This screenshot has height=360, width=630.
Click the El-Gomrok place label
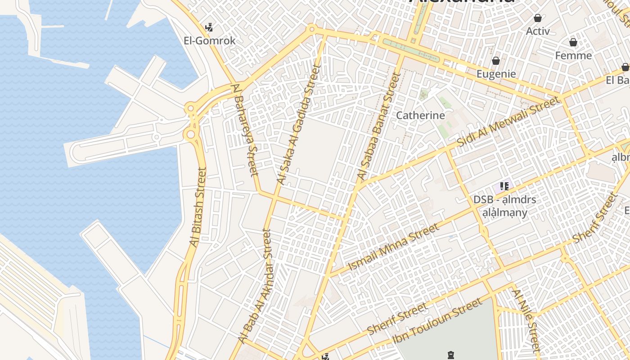pyautogui.click(x=209, y=40)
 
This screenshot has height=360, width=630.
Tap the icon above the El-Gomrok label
pyautogui.click(x=209, y=27)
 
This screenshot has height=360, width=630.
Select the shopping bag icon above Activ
pyautogui.click(x=537, y=18)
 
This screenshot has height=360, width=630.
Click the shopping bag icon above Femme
pyautogui.click(x=573, y=42)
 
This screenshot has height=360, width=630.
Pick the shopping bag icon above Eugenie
pyautogui.click(x=495, y=61)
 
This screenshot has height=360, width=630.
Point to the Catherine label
pyautogui.click(x=420, y=115)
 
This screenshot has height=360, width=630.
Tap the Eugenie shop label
pyautogui.click(x=496, y=74)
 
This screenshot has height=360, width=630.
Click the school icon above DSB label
pyautogui.click(x=504, y=186)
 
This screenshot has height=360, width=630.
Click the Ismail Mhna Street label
pyautogui.click(x=394, y=247)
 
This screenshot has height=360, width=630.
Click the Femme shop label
pyautogui.click(x=573, y=55)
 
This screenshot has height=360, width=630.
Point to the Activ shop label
pyautogui.click(x=538, y=31)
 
